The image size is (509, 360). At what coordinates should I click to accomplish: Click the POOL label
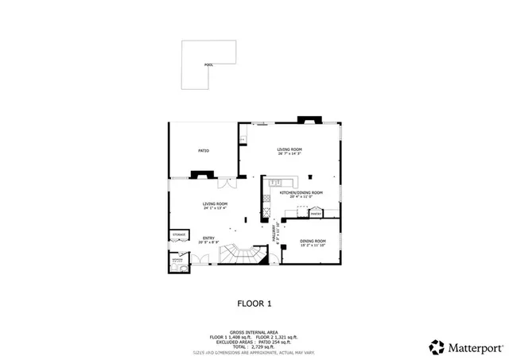point(208,64)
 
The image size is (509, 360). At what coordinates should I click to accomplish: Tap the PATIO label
point(204,150)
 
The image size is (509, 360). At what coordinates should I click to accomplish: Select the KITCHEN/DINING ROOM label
point(301,192)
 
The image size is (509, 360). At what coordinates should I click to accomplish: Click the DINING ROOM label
point(313,241)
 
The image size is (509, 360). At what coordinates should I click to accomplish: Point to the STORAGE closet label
point(179,235)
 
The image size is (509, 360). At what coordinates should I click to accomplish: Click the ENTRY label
point(208,238)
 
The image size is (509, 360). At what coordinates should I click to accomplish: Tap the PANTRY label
point(315,214)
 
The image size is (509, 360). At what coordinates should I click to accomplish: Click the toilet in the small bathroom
point(184,269)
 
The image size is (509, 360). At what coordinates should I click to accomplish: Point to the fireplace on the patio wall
point(196,174)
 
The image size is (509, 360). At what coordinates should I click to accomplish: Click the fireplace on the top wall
point(308,121)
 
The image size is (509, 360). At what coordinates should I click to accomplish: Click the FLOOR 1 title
point(254,303)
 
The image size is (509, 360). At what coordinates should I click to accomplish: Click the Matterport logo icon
point(437,346)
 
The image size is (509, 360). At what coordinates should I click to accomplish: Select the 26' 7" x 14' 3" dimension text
point(289,153)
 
